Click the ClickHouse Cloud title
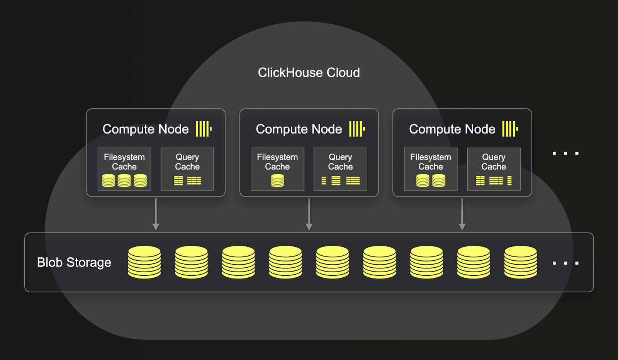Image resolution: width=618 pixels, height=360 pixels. [309, 73]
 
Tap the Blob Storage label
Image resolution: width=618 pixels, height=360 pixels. [74, 263]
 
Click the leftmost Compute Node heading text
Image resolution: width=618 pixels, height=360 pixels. [146, 129]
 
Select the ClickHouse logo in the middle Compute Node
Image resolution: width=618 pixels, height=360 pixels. [357, 129]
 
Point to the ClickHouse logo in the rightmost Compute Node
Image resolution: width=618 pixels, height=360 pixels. [510, 129]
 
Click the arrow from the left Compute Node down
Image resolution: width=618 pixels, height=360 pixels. [156, 215]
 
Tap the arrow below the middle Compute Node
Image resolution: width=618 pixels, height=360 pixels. [309, 215]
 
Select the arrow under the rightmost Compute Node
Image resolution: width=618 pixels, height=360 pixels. [462, 215]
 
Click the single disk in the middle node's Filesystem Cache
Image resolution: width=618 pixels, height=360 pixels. [277, 180]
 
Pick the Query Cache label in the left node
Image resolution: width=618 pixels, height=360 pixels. [187, 162]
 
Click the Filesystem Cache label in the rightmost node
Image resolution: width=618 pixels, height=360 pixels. [431, 162]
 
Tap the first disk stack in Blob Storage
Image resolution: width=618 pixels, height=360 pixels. [144, 262]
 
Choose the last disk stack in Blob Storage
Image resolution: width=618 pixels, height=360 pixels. [521, 262]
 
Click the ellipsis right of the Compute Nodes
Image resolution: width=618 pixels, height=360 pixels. [565, 153]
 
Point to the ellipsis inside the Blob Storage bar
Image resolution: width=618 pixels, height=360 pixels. [565, 263]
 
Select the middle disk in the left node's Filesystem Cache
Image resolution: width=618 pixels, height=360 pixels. [124, 180]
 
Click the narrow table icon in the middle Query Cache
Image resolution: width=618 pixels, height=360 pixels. [324, 181]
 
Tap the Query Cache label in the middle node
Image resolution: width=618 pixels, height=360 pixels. [340, 162]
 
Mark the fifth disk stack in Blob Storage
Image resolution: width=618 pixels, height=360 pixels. [333, 262]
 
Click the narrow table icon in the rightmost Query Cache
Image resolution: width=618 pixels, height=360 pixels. [509, 181]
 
